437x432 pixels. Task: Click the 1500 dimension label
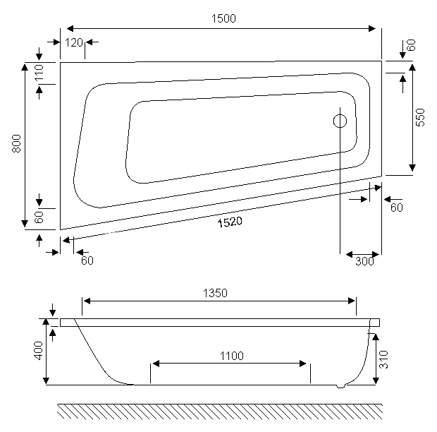coord(223,18)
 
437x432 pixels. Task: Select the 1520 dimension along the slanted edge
coord(230,222)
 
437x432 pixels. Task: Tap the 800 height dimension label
coord(17,143)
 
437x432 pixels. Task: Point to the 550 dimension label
coord(420,117)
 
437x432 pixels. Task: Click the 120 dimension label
coord(74,42)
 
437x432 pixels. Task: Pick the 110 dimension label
coord(39,73)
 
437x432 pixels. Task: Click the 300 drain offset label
coord(364,261)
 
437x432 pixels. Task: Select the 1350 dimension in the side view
coord(215,294)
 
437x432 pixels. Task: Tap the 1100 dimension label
coord(232,356)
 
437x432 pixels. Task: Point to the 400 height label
coord(39,351)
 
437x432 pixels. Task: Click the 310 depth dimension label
coord(383,359)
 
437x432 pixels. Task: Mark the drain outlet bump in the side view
coord(340,386)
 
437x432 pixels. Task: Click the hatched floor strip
coord(220,411)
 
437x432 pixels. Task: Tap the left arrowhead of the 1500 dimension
coord(70,28)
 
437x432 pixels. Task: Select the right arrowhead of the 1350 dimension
coord(352,301)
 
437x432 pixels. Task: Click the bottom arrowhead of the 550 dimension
coord(412,168)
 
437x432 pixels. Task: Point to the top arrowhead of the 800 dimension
coord(25,67)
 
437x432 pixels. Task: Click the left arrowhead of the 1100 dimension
coord(156,364)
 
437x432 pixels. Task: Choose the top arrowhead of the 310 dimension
coord(376,337)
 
